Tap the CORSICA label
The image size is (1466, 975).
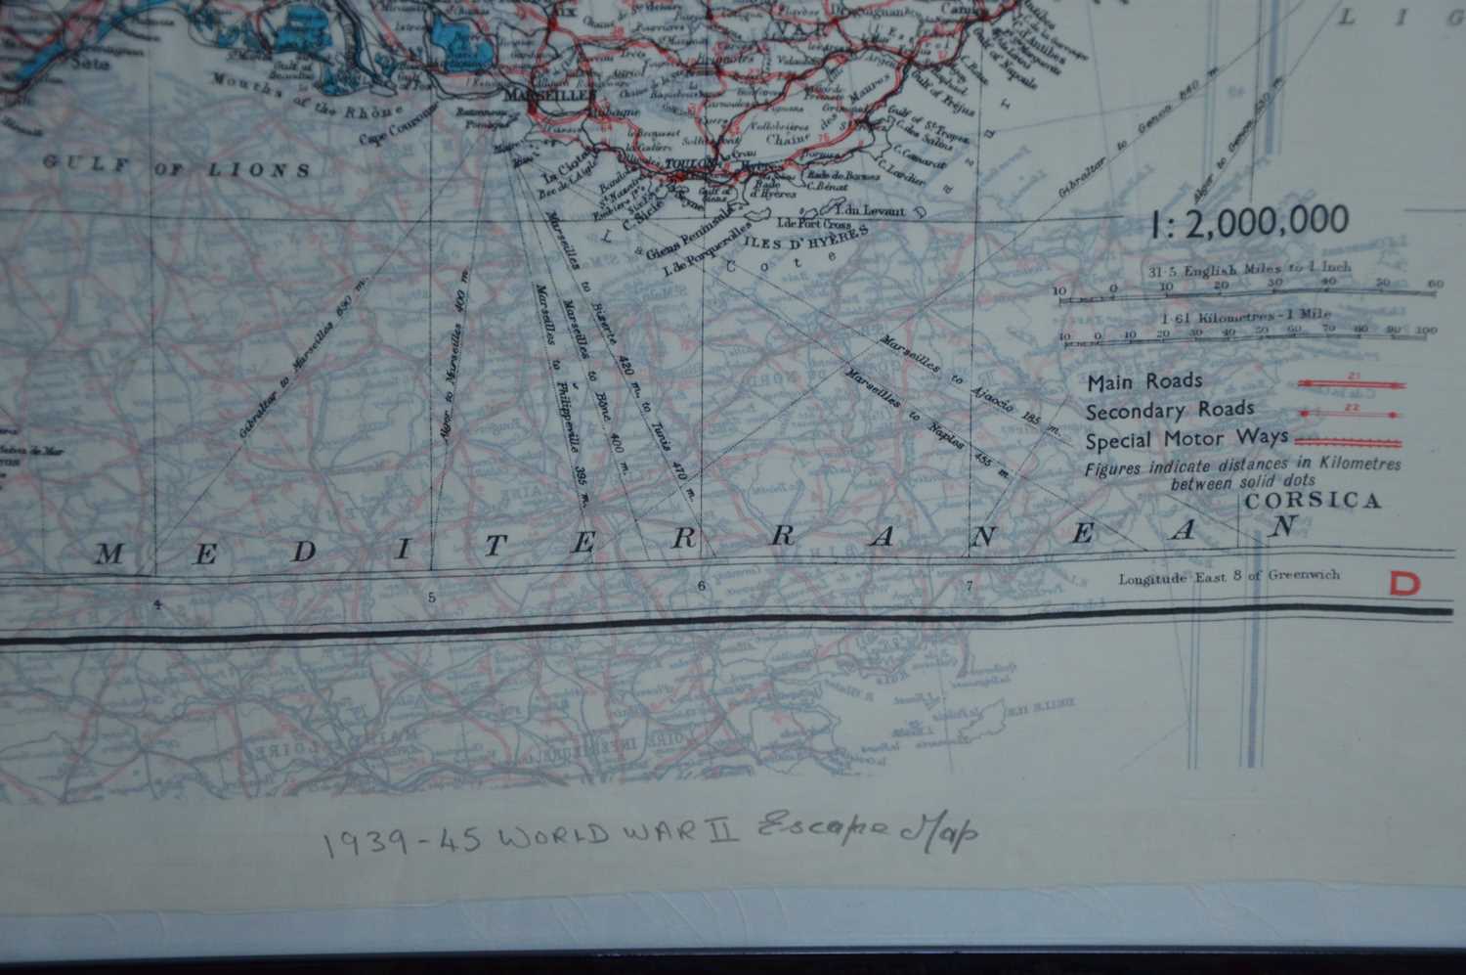(x=1313, y=501)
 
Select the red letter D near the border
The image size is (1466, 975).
(x=1406, y=583)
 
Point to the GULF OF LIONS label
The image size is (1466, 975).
(x=177, y=166)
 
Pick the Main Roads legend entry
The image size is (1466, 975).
(x=1144, y=381)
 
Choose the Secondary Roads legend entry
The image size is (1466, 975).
(x=1169, y=411)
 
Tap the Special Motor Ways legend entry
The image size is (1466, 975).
(x=1186, y=439)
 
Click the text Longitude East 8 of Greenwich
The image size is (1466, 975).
(x=1229, y=576)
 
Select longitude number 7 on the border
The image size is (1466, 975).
(x=969, y=587)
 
